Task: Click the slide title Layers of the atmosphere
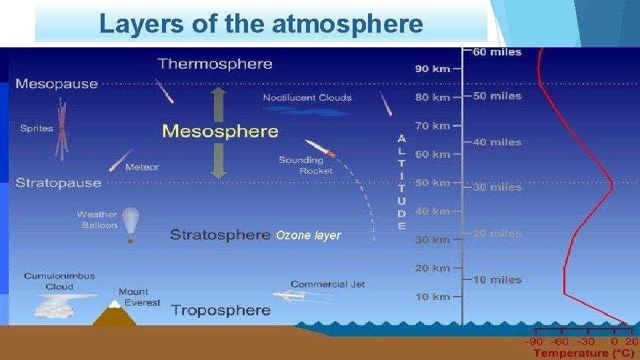(261, 24)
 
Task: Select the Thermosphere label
(215, 64)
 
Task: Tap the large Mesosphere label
(220, 131)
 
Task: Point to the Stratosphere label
(220, 235)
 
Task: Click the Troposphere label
(221, 310)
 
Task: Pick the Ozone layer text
(308, 235)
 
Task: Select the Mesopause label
(57, 84)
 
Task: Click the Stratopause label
(59, 183)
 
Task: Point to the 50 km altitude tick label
(432, 183)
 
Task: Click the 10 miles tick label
(497, 279)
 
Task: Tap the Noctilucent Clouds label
(307, 98)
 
